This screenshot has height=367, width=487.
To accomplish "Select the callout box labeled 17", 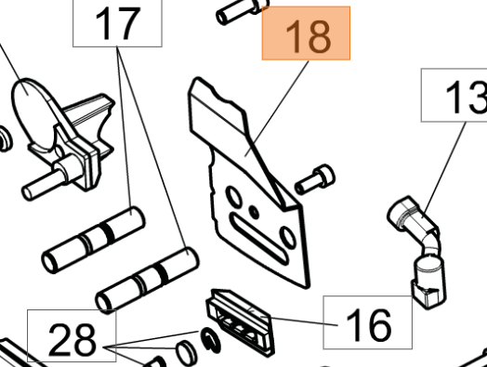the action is pyautogui.click(x=117, y=23).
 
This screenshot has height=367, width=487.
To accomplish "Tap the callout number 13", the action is pyautogui.click(x=466, y=97).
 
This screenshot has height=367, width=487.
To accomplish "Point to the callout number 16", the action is pyautogui.click(x=368, y=324).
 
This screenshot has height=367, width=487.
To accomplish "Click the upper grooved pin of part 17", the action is pyautogui.click(x=93, y=240).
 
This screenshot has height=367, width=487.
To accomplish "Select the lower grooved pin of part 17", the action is pyautogui.click(x=147, y=279).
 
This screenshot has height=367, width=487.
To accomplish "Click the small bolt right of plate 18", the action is pyautogui.click(x=315, y=179).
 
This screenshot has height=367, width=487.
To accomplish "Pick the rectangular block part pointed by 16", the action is pyautogui.click(x=241, y=323).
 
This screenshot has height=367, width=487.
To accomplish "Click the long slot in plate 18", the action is pyautogui.click(x=259, y=239).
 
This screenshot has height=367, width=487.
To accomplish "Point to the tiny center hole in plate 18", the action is pyautogui.click(x=255, y=213).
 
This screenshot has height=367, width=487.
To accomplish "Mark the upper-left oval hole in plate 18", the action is pyautogui.click(x=234, y=196).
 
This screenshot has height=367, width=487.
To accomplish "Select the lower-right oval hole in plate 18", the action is pyautogui.click(x=287, y=238).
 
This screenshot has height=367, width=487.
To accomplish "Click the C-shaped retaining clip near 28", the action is pyautogui.click(x=210, y=340).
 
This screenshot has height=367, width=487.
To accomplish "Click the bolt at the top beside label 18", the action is pyautogui.click(x=241, y=12).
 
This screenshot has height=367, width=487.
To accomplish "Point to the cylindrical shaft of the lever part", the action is pyautogui.click(x=45, y=183).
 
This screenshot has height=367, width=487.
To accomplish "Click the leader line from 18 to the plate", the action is pyautogui.click(x=277, y=109).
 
